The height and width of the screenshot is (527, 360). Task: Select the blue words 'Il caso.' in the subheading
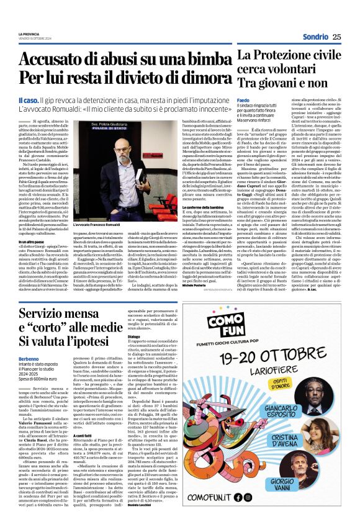pos(29,100)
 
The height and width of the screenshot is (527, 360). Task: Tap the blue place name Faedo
pos(243,99)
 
